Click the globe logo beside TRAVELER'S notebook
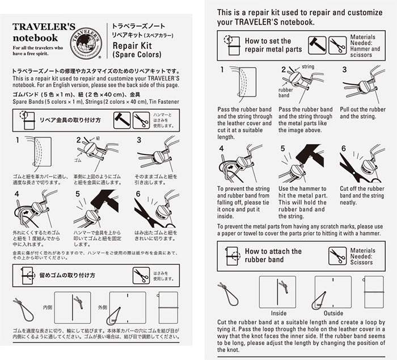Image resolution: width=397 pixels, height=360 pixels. point(86,41)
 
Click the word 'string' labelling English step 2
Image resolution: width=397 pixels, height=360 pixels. point(307,67)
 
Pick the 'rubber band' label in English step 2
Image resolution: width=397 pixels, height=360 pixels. point(285,92)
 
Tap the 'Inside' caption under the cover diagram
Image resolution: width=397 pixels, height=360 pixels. point(278,313)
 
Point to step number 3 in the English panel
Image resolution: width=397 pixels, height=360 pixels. point(344,70)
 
